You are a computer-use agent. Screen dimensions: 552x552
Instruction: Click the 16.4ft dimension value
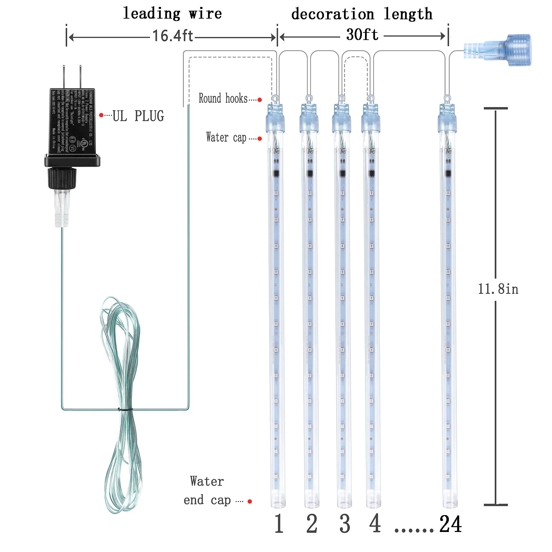172,36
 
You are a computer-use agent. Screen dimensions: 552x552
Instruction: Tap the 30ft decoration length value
362,35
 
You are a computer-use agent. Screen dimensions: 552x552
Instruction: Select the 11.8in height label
498,289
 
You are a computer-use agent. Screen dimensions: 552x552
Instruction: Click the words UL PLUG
138,116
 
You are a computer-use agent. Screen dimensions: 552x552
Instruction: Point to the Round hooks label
223,98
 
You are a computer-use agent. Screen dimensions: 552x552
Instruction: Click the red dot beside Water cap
260,139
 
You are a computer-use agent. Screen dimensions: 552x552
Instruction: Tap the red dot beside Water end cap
250,501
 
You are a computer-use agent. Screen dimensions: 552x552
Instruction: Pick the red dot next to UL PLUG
101,115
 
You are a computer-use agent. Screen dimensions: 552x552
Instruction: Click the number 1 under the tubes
279,524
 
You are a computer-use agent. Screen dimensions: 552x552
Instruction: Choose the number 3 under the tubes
345,524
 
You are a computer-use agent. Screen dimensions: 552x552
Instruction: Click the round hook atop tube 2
309,99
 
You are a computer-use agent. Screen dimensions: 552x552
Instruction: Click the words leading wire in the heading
172,14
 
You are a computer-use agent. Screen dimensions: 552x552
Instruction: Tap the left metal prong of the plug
64,77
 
